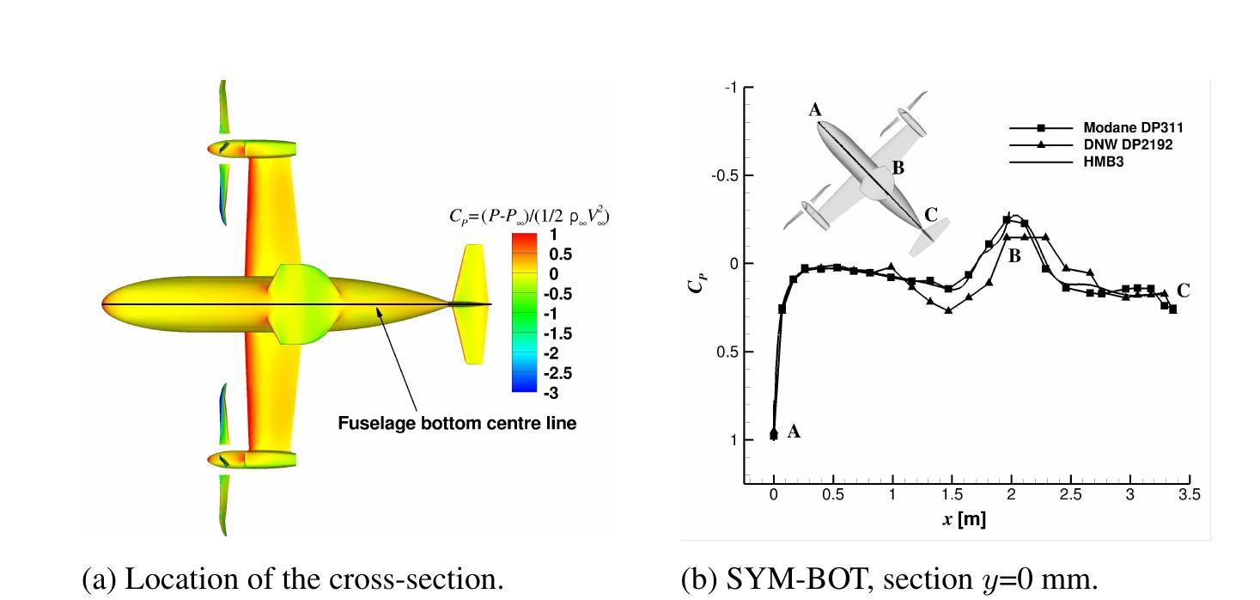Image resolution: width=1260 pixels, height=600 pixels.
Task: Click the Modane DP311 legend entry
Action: click(1096, 128)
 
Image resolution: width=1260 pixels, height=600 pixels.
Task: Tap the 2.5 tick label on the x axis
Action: click(1070, 495)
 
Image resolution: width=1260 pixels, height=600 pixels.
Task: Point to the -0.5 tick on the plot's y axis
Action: click(725, 175)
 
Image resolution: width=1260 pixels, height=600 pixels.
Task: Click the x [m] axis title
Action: click(965, 519)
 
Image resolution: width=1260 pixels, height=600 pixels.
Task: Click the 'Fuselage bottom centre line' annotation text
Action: click(457, 423)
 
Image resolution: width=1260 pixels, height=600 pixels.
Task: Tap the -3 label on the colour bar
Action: click(551, 394)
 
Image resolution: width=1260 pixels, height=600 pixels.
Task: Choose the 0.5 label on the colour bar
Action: click(560, 254)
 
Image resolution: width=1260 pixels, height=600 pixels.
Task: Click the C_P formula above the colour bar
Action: click(529, 216)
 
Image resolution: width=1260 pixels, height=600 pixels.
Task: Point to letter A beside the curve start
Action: click(794, 432)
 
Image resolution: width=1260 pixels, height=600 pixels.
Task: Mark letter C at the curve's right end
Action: click(1184, 291)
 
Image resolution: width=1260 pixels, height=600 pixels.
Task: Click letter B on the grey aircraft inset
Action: click(898, 168)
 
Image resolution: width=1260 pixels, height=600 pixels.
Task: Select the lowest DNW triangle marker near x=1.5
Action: click(948, 309)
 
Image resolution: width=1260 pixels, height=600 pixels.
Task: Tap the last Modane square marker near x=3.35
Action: click(1172, 309)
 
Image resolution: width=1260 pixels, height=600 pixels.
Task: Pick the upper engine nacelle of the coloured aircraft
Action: click(252, 149)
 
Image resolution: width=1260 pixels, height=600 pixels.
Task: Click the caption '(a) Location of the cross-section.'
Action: click(293, 579)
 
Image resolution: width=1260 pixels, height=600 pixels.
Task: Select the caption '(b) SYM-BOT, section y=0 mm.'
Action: click(889, 579)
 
